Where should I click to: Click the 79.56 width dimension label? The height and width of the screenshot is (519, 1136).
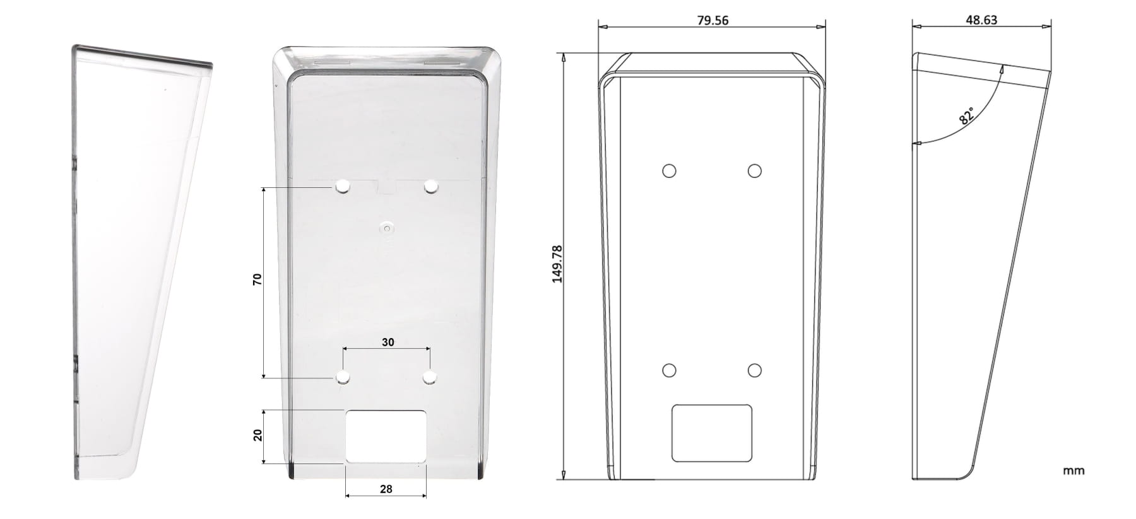[x=713, y=21]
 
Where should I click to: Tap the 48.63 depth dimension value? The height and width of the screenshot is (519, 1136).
[x=981, y=20]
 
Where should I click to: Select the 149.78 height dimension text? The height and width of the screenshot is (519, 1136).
[x=557, y=264]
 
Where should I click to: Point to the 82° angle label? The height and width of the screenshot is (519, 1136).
[x=966, y=115]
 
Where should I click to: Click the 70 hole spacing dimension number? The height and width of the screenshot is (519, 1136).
[x=257, y=279]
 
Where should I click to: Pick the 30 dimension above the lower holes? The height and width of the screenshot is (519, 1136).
[x=388, y=342]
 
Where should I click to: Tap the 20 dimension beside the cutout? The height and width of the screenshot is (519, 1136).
[x=257, y=435]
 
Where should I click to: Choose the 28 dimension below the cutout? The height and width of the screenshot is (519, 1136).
[x=386, y=489]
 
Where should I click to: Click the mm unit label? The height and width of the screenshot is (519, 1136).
[x=1073, y=470]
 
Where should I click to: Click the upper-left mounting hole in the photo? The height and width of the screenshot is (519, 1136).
[x=343, y=187]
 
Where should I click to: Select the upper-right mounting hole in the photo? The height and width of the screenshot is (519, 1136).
[x=431, y=187]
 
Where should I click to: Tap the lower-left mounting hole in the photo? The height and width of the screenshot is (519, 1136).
[x=343, y=377]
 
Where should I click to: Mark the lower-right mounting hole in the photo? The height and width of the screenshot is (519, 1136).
[x=430, y=377]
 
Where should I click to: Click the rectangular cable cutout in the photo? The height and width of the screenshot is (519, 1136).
[x=386, y=436]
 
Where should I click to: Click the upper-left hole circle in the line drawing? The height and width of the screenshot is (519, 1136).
[x=669, y=171]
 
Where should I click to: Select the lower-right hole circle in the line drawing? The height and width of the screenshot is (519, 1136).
[x=754, y=370]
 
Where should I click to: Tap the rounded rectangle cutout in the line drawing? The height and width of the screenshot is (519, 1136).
[x=712, y=433]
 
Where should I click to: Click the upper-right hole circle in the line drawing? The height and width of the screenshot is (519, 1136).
[x=754, y=171]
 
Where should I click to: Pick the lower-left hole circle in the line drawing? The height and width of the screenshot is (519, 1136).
[x=669, y=370]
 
